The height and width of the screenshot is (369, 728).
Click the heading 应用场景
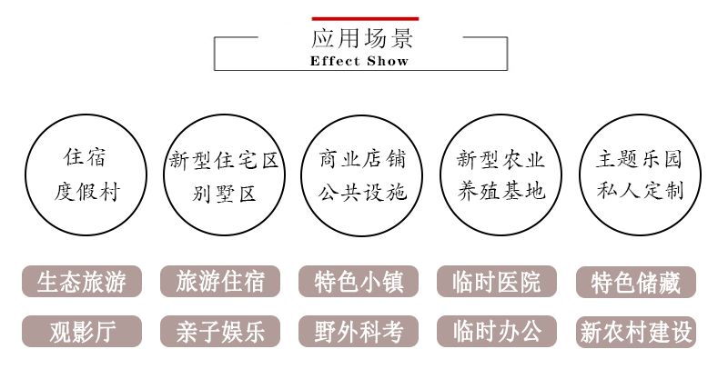click(x=363, y=38)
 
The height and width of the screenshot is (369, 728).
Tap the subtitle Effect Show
click(x=359, y=62)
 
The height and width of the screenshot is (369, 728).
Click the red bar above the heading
click(x=365, y=18)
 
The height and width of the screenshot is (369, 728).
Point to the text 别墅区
click(x=224, y=193)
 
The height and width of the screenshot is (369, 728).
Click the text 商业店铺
click(x=362, y=161)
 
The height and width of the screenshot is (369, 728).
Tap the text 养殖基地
click(x=500, y=192)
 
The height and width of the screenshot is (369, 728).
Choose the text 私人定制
click(x=640, y=192)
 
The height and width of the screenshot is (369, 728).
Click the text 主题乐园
click(x=639, y=161)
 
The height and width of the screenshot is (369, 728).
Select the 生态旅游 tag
click(x=83, y=282)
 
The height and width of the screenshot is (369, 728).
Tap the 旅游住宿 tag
click(x=220, y=282)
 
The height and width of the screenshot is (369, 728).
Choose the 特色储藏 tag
click(x=636, y=283)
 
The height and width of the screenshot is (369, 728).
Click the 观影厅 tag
click(x=83, y=332)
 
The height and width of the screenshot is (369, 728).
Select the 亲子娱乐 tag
click(x=220, y=332)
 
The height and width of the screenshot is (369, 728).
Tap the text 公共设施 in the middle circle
click(x=362, y=193)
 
